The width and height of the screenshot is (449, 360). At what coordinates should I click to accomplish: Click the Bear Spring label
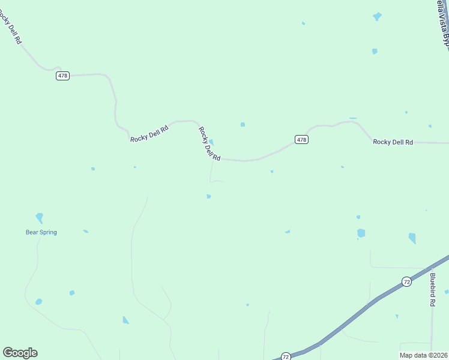41,232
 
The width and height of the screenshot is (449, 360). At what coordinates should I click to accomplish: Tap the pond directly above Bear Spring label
40,217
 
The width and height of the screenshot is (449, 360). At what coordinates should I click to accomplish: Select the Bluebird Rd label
432,290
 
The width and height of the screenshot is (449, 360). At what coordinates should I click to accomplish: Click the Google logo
20,353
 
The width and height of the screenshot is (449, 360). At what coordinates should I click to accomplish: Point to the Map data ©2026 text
423,355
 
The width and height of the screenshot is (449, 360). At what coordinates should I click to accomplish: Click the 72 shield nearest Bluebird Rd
407,281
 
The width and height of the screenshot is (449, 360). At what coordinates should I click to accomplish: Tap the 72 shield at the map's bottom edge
286,356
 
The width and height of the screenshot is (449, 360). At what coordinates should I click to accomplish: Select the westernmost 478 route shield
63,76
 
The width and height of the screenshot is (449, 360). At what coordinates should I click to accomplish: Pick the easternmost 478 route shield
301,139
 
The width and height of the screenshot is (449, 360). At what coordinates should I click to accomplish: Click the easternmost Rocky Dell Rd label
393,142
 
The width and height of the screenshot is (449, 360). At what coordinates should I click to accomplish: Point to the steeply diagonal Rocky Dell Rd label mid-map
210,144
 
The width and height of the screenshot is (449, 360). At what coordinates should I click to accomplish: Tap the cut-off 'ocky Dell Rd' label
11,27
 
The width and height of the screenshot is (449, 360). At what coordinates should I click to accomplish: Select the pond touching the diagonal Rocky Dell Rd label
211,142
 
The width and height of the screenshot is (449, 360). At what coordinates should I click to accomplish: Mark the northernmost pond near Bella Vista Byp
377,16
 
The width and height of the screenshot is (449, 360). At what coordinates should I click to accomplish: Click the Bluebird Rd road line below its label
432,330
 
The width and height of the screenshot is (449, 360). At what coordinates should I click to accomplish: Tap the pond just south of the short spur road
208,196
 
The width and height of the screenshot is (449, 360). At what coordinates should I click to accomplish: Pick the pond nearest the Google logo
39,302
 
